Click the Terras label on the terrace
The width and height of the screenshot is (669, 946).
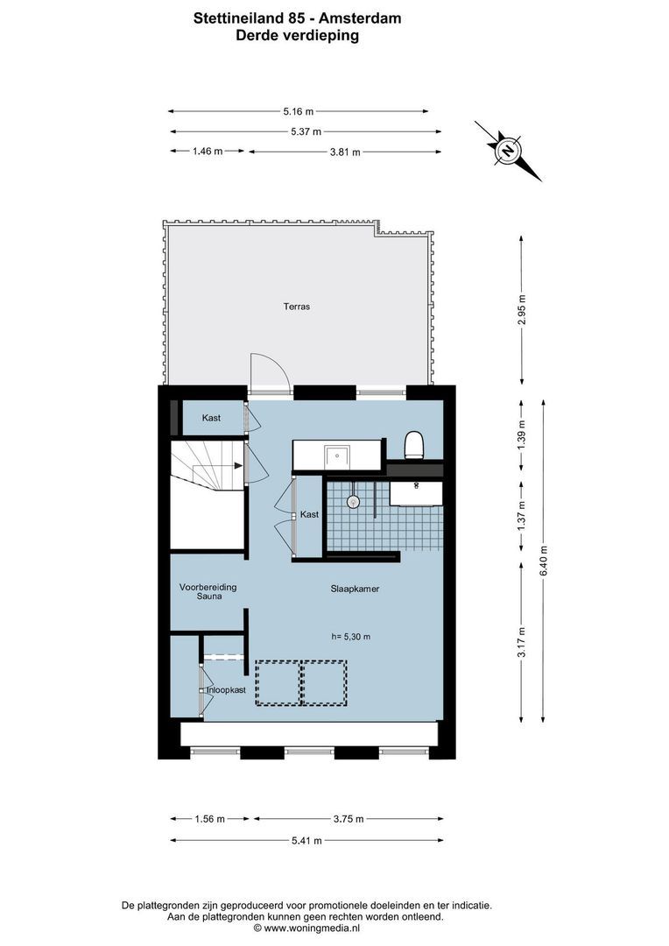[x=296, y=307]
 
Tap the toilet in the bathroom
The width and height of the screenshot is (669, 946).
[x=415, y=445]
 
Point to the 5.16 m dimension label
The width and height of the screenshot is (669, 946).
[x=298, y=111]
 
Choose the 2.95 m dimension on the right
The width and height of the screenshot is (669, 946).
[x=522, y=309]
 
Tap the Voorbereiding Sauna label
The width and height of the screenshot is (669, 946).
[x=208, y=591]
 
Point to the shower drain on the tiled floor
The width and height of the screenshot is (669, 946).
[x=354, y=502]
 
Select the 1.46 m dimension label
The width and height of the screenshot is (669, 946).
[x=208, y=152]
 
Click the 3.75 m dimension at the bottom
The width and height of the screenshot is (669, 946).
[x=348, y=819]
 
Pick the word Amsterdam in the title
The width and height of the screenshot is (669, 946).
[x=359, y=17]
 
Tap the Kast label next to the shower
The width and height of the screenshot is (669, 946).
[x=309, y=514]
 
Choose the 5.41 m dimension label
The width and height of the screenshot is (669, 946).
[x=306, y=840]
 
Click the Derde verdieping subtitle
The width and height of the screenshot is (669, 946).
[x=298, y=36]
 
